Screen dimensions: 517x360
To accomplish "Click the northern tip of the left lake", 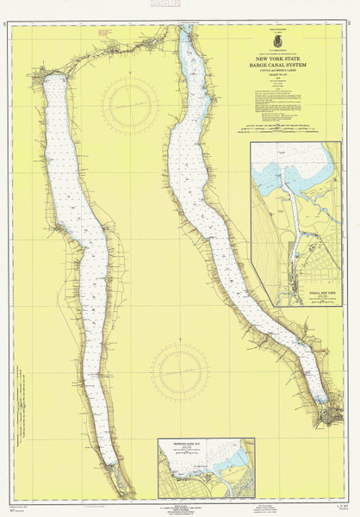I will coord(53,78).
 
